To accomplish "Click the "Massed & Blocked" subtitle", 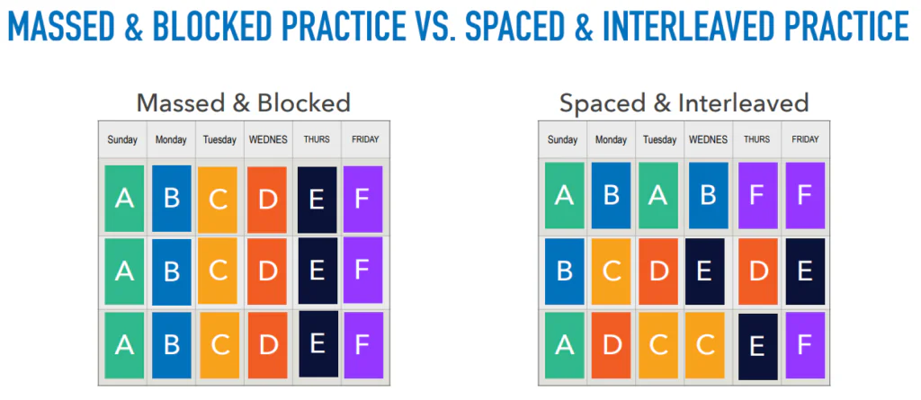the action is click(x=244, y=102).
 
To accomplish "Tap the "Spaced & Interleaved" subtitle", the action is click(x=684, y=102).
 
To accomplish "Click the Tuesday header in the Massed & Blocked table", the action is click(x=219, y=140).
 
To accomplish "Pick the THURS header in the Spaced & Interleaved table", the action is click(x=756, y=140).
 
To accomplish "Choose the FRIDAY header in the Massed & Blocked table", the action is click(x=365, y=140).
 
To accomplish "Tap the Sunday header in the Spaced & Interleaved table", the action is click(x=563, y=140).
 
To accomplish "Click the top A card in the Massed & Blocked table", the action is click(x=124, y=199).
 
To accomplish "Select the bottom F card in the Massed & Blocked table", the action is click(x=363, y=345).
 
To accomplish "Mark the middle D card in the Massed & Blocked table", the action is click(x=267, y=271).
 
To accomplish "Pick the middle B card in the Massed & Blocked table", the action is click(x=172, y=272).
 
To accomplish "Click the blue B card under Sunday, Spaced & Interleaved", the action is click(x=565, y=271).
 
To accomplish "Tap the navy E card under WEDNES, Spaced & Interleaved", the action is click(x=705, y=271).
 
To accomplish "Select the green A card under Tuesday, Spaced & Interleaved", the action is click(x=657, y=196).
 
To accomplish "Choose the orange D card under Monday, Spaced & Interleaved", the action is click(x=611, y=345).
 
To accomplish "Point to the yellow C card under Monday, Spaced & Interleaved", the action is click(x=611, y=271).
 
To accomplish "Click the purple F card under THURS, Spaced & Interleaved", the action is click(x=758, y=196).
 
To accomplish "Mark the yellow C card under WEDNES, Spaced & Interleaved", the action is click(x=705, y=345).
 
